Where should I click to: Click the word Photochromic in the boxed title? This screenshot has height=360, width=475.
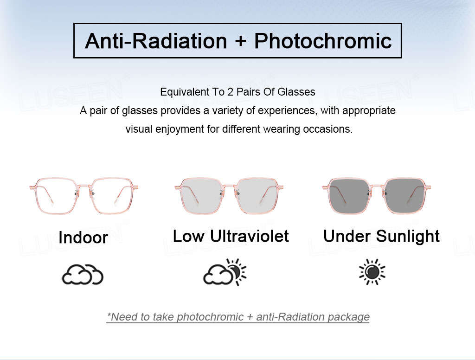point(323,41)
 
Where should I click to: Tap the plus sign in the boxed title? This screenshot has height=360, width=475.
point(240,42)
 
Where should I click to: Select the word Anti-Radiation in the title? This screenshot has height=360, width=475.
point(156,41)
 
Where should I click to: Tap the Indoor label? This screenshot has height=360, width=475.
point(83,238)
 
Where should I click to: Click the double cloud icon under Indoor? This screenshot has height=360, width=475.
point(83,275)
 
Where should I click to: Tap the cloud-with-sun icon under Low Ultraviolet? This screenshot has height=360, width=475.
point(225,272)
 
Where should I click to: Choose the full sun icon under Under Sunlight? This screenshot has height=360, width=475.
point(372,272)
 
